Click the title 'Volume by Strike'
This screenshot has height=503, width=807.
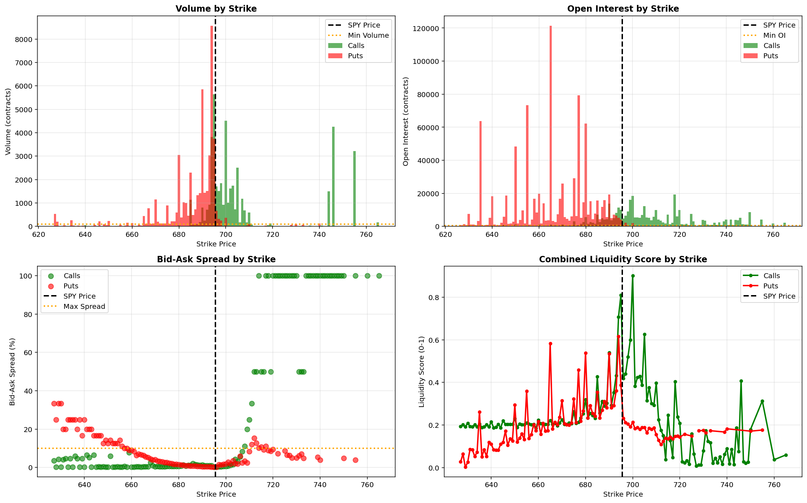click(x=216, y=8)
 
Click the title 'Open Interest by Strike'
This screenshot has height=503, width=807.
click(x=623, y=8)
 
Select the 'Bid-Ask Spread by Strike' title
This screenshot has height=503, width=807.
click(x=216, y=259)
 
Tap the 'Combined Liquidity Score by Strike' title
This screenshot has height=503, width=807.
click(x=623, y=259)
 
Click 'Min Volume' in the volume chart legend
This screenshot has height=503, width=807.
click(x=368, y=35)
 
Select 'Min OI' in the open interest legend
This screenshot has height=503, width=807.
click(x=774, y=35)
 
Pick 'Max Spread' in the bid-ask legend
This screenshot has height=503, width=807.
click(x=84, y=306)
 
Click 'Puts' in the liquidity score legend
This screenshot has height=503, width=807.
click(x=770, y=286)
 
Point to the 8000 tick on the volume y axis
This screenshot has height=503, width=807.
click(x=24, y=40)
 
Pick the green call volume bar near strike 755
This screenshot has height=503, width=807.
click(x=354, y=189)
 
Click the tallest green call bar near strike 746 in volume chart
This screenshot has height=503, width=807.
click(x=333, y=176)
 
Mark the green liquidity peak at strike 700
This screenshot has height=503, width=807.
click(x=632, y=276)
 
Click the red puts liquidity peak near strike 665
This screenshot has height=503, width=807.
click(x=550, y=343)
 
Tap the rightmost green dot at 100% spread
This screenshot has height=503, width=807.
click(x=379, y=276)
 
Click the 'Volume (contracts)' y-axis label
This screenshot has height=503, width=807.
click(x=8, y=121)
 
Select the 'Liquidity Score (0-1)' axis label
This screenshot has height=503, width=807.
click(x=422, y=372)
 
